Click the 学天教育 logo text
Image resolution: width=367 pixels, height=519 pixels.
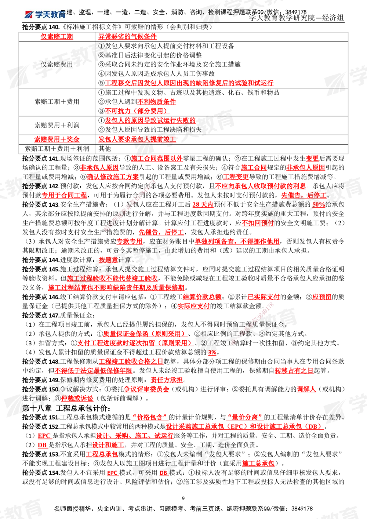click(x=50, y=15)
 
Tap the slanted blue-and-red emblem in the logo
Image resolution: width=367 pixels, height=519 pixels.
click(x=29, y=15)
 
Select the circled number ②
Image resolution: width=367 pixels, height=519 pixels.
click(x=102, y=55)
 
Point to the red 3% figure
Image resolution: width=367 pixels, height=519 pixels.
click(x=212, y=353)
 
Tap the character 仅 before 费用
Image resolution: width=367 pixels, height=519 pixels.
click(x=44, y=65)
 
